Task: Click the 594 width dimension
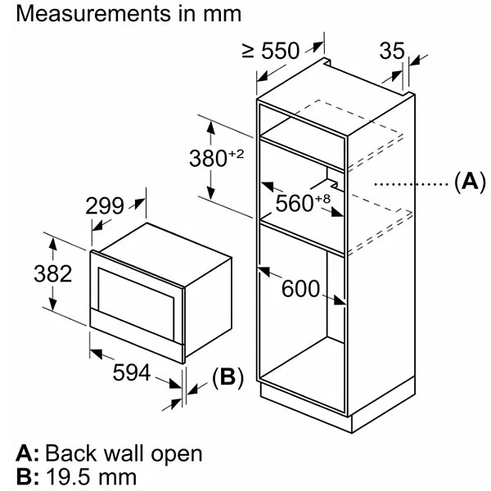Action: pos(132,372)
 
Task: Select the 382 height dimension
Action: pos(53,273)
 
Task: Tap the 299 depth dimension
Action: pos(105,205)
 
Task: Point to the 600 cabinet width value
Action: pos(300,288)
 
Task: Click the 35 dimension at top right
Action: pos(392,51)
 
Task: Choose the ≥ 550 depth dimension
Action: pos(271,51)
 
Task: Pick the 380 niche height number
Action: pos(208,158)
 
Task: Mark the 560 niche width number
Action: pos(295,203)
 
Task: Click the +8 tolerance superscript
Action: pos(322,199)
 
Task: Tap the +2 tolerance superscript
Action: pos(236,154)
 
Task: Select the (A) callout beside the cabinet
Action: pos(470,182)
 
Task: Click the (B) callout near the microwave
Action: pos(227,376)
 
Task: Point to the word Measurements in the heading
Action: pos(93,13)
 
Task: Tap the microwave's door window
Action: pos(136,304)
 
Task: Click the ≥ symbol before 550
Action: pos(248,51)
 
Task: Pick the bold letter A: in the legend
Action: pos(28,453)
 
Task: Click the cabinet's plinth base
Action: pos(338,407)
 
